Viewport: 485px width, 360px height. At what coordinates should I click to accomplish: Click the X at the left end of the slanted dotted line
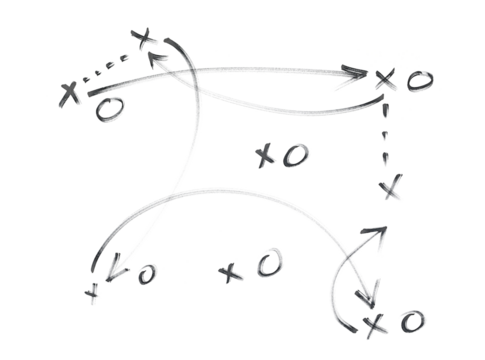(69, 94)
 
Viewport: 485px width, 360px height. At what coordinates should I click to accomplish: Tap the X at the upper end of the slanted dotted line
(146, 40)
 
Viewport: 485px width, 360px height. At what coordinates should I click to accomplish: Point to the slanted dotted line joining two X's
(108, 66)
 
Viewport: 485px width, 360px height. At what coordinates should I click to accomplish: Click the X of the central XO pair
(265, 155)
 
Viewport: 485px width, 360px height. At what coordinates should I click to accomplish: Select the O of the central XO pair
(295, 154)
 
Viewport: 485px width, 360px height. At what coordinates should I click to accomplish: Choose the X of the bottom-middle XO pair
(231, 271)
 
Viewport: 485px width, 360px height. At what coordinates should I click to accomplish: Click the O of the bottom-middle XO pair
(265, 265)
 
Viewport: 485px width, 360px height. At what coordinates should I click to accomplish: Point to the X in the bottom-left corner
(93, 292)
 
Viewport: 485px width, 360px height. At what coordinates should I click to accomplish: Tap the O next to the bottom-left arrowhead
(145, 272)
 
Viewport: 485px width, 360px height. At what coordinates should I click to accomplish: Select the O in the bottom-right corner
(410, 321)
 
